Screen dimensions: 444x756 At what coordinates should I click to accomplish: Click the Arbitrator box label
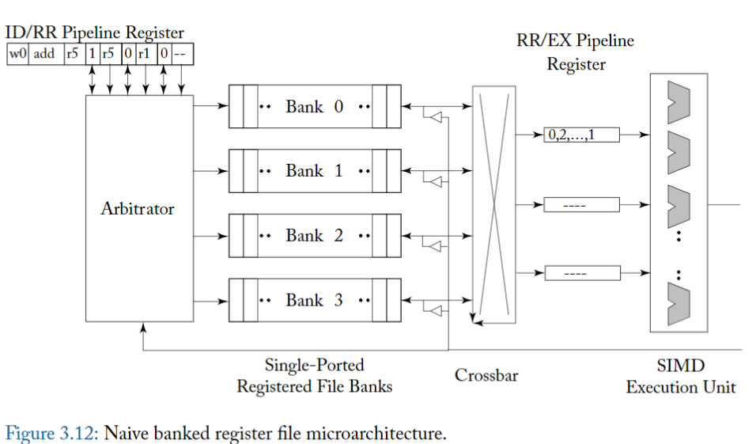click(x=138, y=209)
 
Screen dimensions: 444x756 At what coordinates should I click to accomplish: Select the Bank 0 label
click(x=314, y=106)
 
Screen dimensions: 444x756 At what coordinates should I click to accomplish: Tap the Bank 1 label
click(x=314, y=171)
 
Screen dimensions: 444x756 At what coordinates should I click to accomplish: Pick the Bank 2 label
click(x=314, y=236)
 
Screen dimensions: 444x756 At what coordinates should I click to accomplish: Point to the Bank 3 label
click(x=314, y=301)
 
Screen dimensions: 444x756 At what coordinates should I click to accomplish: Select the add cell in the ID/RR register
click(x=44, y=54)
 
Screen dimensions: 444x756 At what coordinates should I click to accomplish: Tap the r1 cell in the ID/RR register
click(x=144, y=54)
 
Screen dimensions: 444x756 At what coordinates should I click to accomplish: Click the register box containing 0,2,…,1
click(x=581, y=135)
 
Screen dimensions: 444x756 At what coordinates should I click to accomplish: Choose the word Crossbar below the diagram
click(x=486, y=375)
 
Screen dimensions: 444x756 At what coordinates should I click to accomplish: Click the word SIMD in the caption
click(x=680, y=366)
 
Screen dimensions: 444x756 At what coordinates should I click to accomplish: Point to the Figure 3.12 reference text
click(x=52, y=433)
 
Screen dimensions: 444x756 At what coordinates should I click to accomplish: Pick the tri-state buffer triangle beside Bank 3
click(x=433, y=311)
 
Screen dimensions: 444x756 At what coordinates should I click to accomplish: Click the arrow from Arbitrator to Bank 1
click(x=210, y=171)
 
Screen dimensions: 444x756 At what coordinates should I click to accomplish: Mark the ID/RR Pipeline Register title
click(x=95, y=33)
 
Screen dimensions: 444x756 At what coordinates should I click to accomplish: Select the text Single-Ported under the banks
click(x=314, y=366)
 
